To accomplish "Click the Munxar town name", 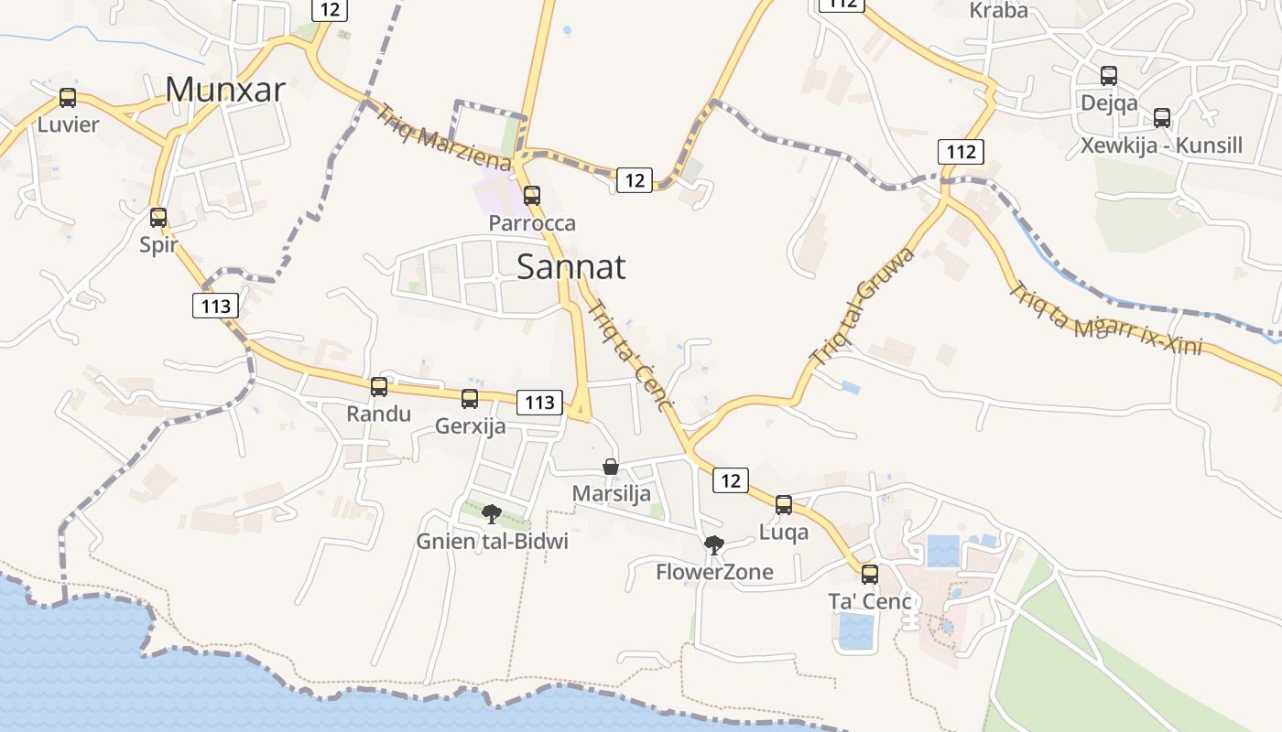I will pyautogui.click(x=225, y=89).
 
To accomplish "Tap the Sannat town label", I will pyautogui.click(x=571, y=266).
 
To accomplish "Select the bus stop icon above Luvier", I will pyautogui.click(x=68, y=98).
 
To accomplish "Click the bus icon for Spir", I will pyautogui.click(x=158, y=218).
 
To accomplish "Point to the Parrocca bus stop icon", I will pyautogui.click(x=532, y=196).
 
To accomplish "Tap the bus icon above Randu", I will pyautogui.click(x=379, y=387).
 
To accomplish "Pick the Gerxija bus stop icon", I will pyautogui.click(x=470, y=399).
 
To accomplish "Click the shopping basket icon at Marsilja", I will pyautogui.click(x=611, y=467).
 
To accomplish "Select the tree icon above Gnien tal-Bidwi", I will pyautogui.click(x=492, y=513).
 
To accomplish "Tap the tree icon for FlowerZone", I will pyautogui.click(x=714, y=545).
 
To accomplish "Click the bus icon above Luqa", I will pyautogui.click(x=784, y=505).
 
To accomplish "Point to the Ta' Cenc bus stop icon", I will pyautogui.click(x=870, y=575).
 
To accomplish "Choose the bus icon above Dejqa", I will pyautogui.click(x=1109, y=76).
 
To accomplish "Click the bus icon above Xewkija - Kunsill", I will pyautogui.click(x=1162, y=118).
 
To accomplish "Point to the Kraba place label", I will pyautogui.click(x=998, y=11).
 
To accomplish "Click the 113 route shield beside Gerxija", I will pyautogui.click(x=540, y=402).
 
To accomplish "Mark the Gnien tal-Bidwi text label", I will pyautogui.click(x=493, y=542).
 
